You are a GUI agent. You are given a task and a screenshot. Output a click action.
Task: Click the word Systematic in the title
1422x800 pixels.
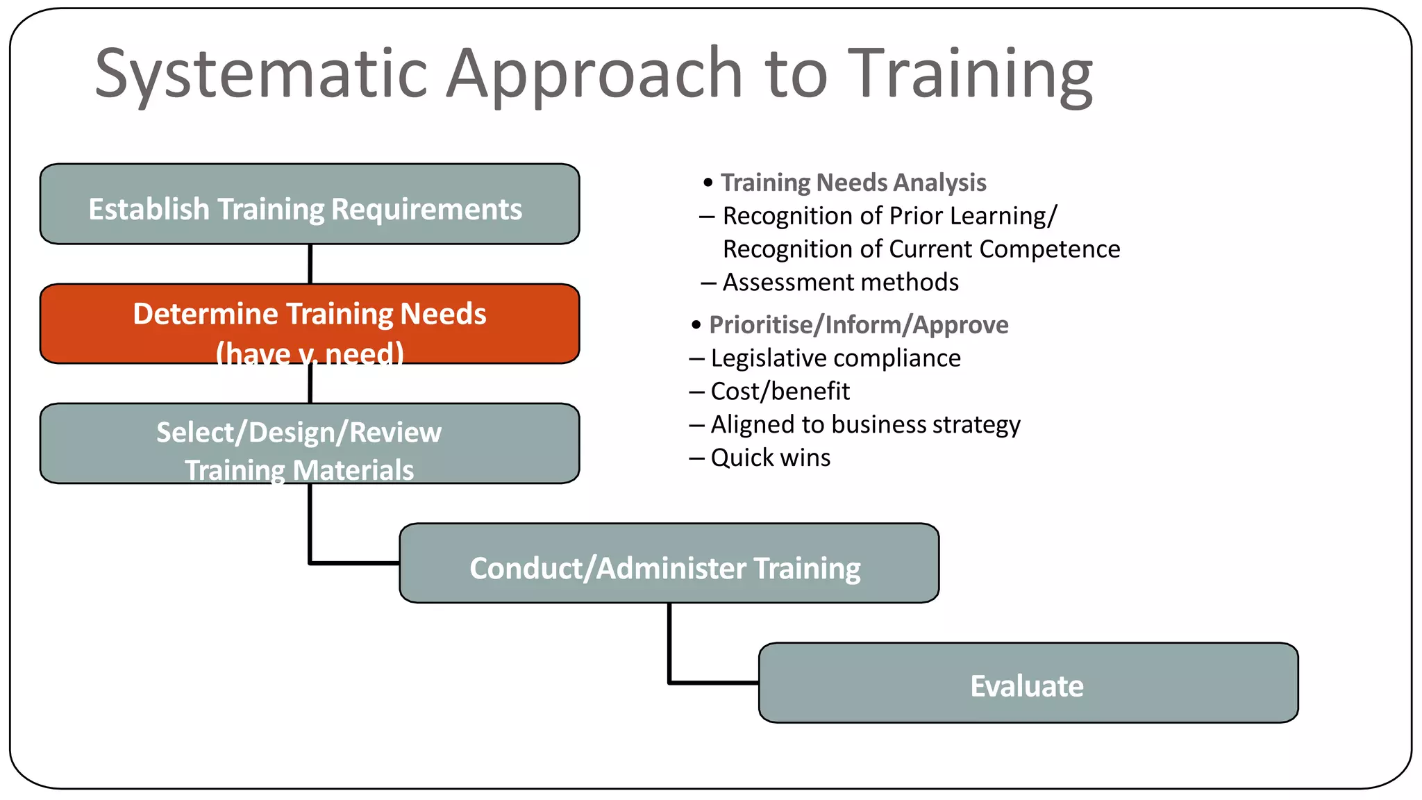pos(260,73)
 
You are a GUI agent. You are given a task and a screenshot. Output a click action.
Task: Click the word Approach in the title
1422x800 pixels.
pos(594,73)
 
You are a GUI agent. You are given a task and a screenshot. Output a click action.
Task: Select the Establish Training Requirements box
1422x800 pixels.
pos(310,205)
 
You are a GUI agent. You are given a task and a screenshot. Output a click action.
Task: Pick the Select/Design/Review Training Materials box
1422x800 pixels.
pos(310,443)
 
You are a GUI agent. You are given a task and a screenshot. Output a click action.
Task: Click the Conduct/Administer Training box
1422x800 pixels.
pos(669,564)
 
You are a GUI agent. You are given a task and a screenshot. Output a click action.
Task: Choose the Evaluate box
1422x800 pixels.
pos(1028,683)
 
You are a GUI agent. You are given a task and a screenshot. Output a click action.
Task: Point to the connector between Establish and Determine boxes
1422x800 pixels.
pos(310,264)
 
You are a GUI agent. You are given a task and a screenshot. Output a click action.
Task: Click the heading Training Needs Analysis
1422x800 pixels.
pos(853,183)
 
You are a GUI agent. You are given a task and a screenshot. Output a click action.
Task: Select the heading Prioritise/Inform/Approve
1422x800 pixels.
pos(858,325)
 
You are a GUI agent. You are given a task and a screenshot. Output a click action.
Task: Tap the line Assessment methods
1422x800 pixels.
pos(840,283)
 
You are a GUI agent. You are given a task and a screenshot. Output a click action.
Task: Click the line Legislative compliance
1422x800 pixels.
pos(835,358)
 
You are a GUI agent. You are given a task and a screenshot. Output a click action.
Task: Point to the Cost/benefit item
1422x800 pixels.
pos(780,392)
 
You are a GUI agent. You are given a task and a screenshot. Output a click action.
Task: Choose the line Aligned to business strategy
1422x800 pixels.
pos(865,424)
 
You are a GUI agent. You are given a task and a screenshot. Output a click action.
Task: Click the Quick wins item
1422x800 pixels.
pos(770,458)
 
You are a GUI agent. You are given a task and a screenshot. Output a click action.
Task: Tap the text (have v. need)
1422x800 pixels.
pos(310,353)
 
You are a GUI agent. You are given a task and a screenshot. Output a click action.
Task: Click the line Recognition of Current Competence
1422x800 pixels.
pos(921,249)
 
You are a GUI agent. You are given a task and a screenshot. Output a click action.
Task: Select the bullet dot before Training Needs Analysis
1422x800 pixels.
pos(708,183)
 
